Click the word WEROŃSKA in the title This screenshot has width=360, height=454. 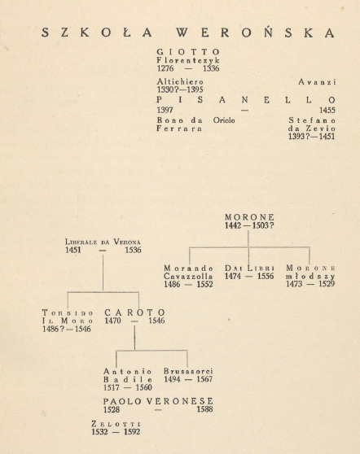coord(256,33)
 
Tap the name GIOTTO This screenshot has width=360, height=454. coord(188,52)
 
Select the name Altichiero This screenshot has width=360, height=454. coord(180,81)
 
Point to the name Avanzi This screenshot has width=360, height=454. coord(317,82)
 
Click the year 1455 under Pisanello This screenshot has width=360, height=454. coord(327,110)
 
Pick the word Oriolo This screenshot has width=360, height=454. coord(224,120)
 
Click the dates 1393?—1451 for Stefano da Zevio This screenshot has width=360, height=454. coord(312,137)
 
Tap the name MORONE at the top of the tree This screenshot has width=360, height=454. coord(249,217)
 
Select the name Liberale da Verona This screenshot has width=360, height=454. coord(103,242)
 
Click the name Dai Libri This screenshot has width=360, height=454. coord(249,268)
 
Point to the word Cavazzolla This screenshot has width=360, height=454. coord(188,276)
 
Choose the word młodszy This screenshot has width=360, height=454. coord(310,276)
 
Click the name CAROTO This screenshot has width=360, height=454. coord(134,312)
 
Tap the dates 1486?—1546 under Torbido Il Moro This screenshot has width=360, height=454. coord(67,329)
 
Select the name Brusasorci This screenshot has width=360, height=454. coord(188,371)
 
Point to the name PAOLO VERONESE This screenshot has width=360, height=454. coord(158,401)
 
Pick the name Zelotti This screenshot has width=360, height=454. coord(116,424)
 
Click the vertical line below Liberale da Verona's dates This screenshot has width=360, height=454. coord(103,273)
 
